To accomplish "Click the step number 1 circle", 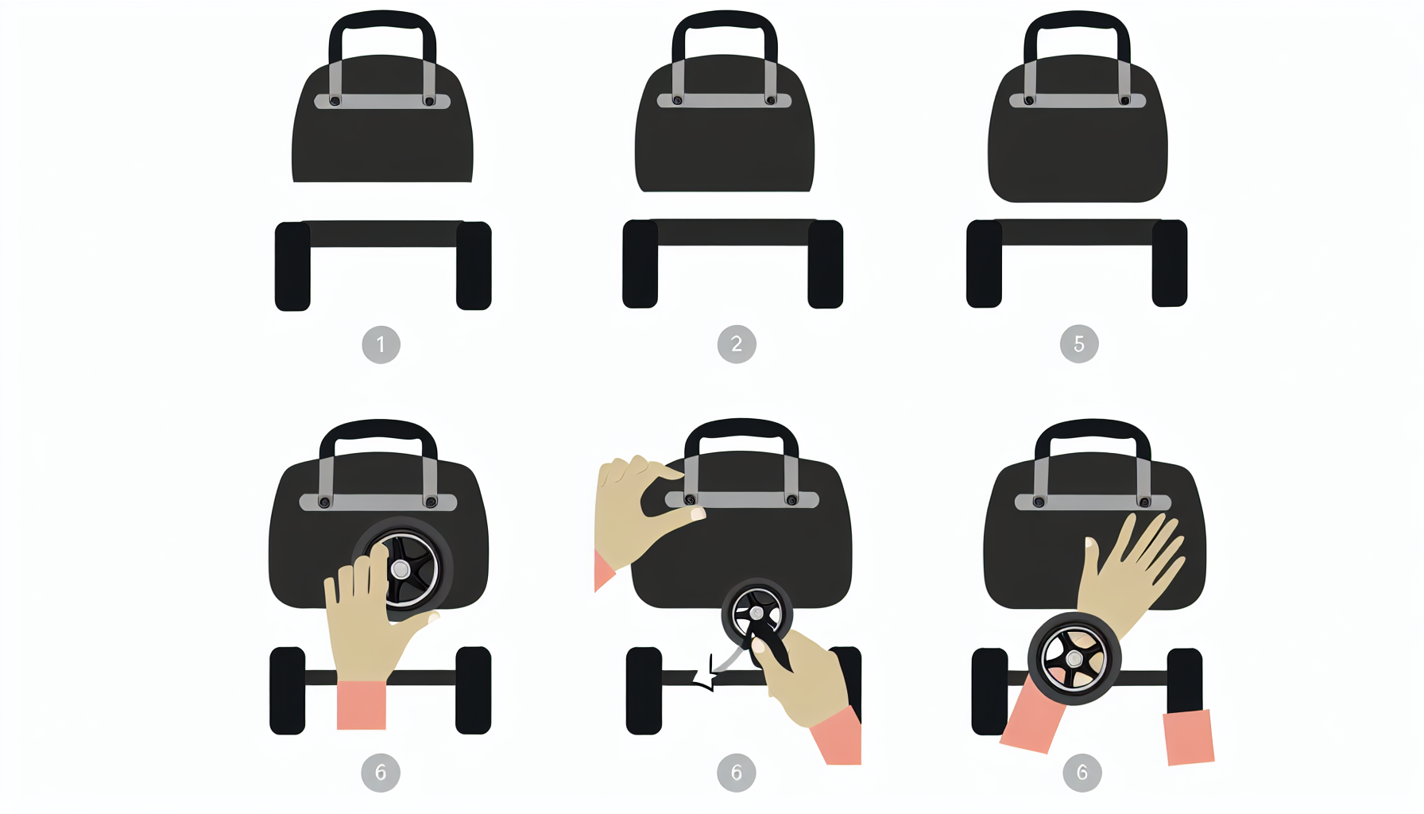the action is (x=381, y=344).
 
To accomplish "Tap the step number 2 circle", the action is (x=737, y=344).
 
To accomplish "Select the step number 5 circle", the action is (x=1079, y=343).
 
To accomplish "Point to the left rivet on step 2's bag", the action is (x=678, y=100).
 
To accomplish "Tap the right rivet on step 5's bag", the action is (x=1124, y=100).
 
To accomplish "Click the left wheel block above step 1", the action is (x=292, y=266).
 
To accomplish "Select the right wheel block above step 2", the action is (x=825, y=264).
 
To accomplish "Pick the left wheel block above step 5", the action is (x=984, y=263).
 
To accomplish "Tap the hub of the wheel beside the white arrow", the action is (x=756, y=614).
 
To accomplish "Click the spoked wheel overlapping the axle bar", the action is (x=1074, y=658).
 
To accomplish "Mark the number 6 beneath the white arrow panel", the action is (x=737, y=773).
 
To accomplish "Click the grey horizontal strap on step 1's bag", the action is (x=382, y=101).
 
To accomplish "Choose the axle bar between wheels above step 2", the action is (x=733, y=232).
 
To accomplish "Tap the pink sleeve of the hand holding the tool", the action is (x=837, y=735).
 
